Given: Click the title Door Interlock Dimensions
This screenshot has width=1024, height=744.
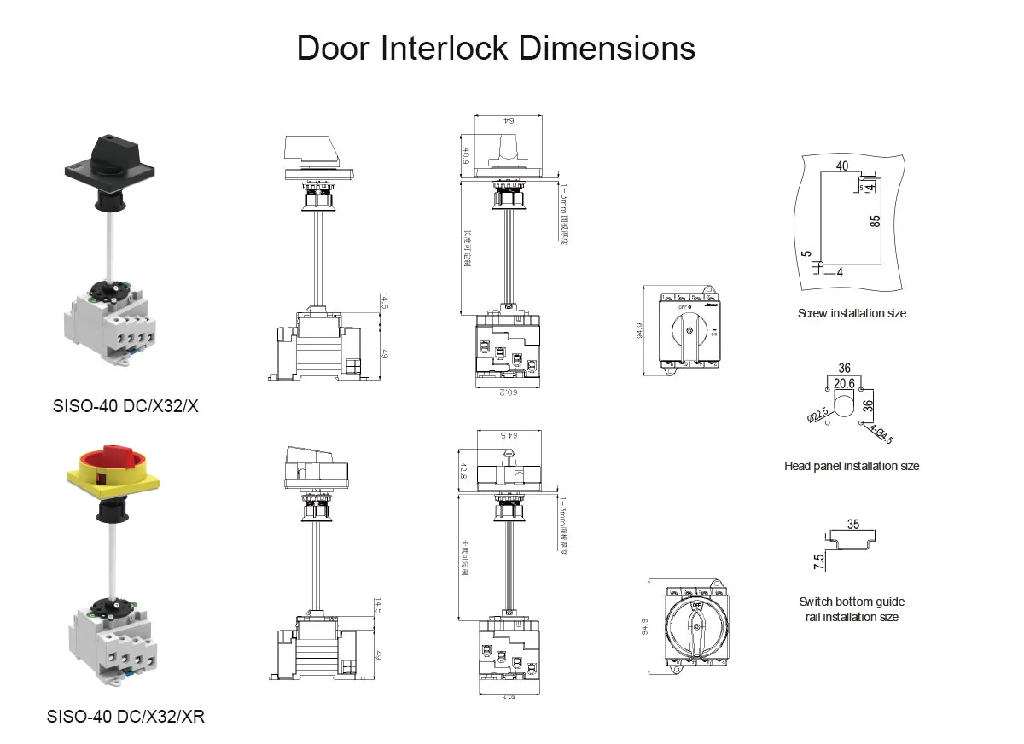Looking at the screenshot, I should (x=496, y=48).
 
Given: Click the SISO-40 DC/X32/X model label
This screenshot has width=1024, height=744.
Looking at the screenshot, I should (x=125, y=407).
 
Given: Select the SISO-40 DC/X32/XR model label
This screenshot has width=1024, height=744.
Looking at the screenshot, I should (x=125, y=716).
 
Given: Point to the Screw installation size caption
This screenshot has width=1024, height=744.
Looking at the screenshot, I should (x=852, y=313).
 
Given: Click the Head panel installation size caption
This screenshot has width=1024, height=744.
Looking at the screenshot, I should (x=852, y=466).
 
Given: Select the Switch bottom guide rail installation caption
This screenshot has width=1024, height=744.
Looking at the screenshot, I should (x=852, y=609).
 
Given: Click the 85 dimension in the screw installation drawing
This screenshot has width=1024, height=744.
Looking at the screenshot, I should (x=876, y=220).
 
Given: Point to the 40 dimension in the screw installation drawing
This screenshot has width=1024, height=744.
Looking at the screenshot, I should (x=842, y=166).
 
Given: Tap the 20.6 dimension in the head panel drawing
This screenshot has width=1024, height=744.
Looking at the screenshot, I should (x=844, y=384).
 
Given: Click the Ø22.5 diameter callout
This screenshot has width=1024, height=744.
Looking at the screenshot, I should (x=818, y=413).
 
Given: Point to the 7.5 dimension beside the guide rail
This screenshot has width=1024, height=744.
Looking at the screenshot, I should (x=819, y=561).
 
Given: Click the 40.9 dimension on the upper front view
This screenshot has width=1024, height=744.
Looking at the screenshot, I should (x=466, y=155).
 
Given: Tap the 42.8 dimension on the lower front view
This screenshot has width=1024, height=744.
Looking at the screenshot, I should (x=465, y=471).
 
